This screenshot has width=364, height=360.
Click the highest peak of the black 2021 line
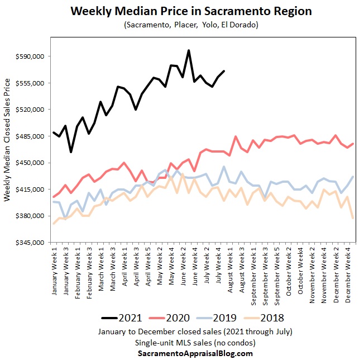[189, 50]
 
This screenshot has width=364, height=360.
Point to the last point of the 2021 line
[224, 71]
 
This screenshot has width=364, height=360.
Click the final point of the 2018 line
[353, 217]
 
